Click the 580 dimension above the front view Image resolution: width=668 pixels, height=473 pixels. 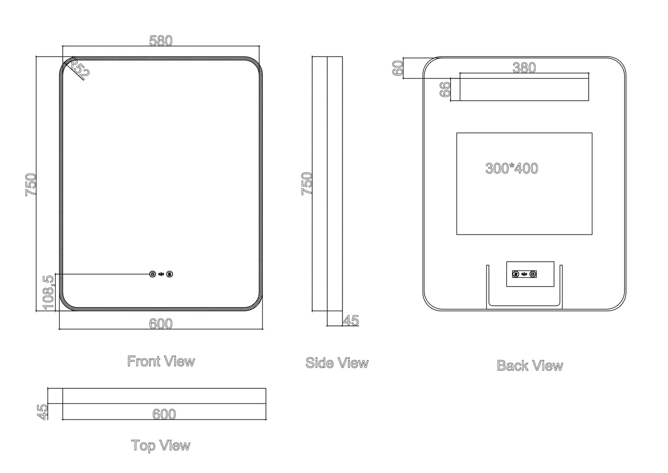coord(161,41)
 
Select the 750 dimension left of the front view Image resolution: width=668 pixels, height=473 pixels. coord(31,184)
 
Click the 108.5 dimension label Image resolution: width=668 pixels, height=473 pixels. coord(49,292)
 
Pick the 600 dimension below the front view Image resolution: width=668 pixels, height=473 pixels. coord(161,324)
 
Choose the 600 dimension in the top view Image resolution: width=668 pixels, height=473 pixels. coord(164,414)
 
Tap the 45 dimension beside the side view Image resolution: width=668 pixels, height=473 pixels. coord(351,321)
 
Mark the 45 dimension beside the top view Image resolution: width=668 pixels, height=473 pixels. coord(42,411)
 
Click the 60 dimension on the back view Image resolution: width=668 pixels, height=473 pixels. coord(398,68)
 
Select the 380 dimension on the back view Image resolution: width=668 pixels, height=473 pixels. coord(524,68)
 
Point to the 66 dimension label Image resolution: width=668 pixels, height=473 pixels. coord(445,89)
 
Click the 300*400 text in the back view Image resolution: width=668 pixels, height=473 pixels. coord(512,168)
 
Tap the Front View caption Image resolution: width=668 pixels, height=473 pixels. coord(161,361)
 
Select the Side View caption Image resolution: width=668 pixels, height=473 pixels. coord(337,363)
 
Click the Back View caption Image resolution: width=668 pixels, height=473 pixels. coord(530,366)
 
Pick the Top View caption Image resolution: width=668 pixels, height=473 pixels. coord(161,445)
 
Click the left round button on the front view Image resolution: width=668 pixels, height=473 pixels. coord(153,274)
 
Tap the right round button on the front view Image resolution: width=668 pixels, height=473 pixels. coord(169,274)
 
